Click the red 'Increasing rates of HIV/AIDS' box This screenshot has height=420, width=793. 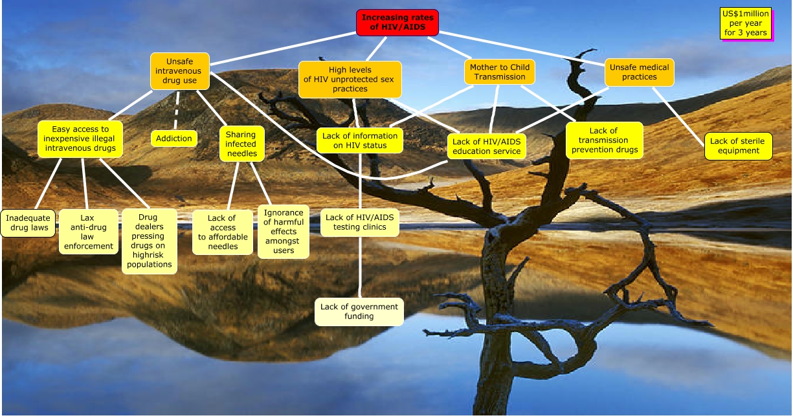tap(397, 23)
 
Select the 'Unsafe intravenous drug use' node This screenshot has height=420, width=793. tap(180, 71)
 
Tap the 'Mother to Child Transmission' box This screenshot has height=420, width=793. tap(500, 72)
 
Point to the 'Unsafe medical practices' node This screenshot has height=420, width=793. tap(640, 72)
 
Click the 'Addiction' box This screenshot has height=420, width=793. tap(174, 138)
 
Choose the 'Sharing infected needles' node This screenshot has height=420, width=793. tap(241, 144)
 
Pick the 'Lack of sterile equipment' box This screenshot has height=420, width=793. tap(738, 146)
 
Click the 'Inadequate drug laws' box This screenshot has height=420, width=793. tap(28, 223)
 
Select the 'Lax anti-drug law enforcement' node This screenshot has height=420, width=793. tap(88, 232)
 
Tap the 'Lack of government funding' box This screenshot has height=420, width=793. tap(359, 312)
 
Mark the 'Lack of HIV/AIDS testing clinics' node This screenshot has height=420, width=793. tap(360, 222)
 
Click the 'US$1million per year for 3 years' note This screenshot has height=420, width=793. tap(746, 23)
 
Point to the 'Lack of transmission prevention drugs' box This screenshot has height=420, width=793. tap(605, 140)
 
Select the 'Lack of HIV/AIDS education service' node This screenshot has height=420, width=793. tap(486, 147)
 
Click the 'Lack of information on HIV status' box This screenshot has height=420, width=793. tap(360, 140)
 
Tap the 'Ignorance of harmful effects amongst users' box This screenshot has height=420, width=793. tap(284, 232)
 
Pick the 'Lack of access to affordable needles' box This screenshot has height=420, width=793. tap(222, 232)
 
